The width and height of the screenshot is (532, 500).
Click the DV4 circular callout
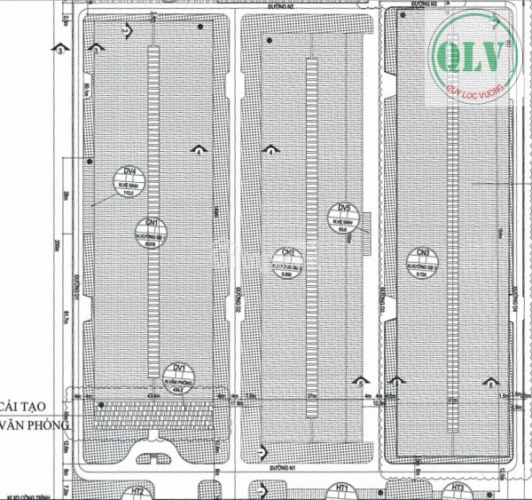point(129,180)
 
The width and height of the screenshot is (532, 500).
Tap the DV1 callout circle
point(179,374)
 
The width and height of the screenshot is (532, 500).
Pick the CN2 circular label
point(288,260)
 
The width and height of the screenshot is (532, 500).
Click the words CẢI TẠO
point(30,405)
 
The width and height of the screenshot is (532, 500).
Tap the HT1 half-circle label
point(341,488)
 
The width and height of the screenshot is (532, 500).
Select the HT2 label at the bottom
point(139,491)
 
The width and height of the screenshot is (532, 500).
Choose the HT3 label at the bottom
point(458,488)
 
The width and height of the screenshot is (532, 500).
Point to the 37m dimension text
point(311,394)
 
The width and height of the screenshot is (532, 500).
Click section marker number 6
point(489,385)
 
